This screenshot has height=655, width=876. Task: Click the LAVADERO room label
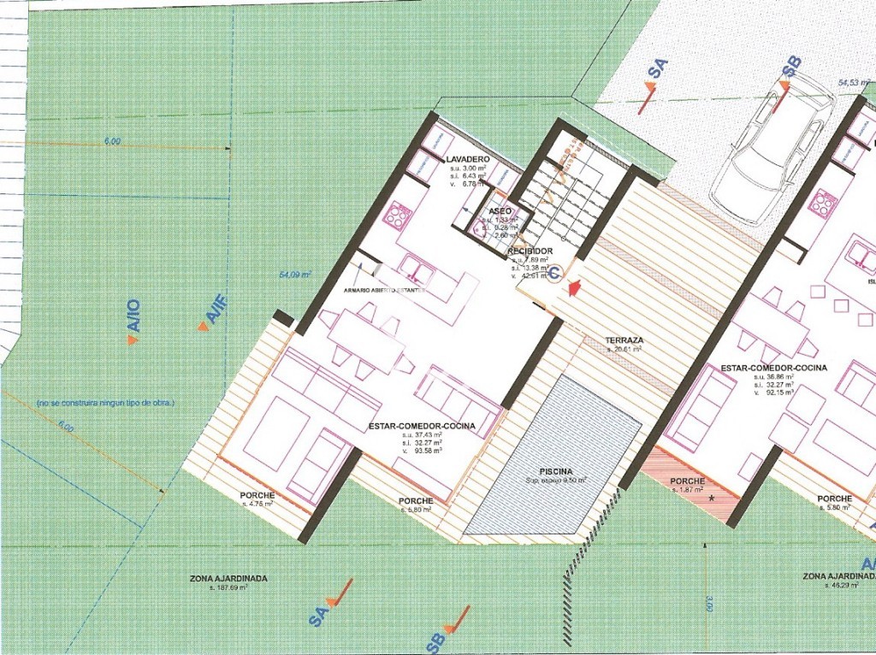[467, 160]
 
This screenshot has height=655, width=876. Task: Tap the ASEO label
[500, 210]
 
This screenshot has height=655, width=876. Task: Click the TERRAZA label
[626, 340]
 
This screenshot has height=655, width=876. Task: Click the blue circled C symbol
[554, 274]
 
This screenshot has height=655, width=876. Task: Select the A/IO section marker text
[135, 318]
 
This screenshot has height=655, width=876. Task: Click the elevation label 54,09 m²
[295, 275]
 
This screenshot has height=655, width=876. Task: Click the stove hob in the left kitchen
[397, 214]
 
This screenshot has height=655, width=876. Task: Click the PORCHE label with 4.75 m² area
[257, 496]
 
